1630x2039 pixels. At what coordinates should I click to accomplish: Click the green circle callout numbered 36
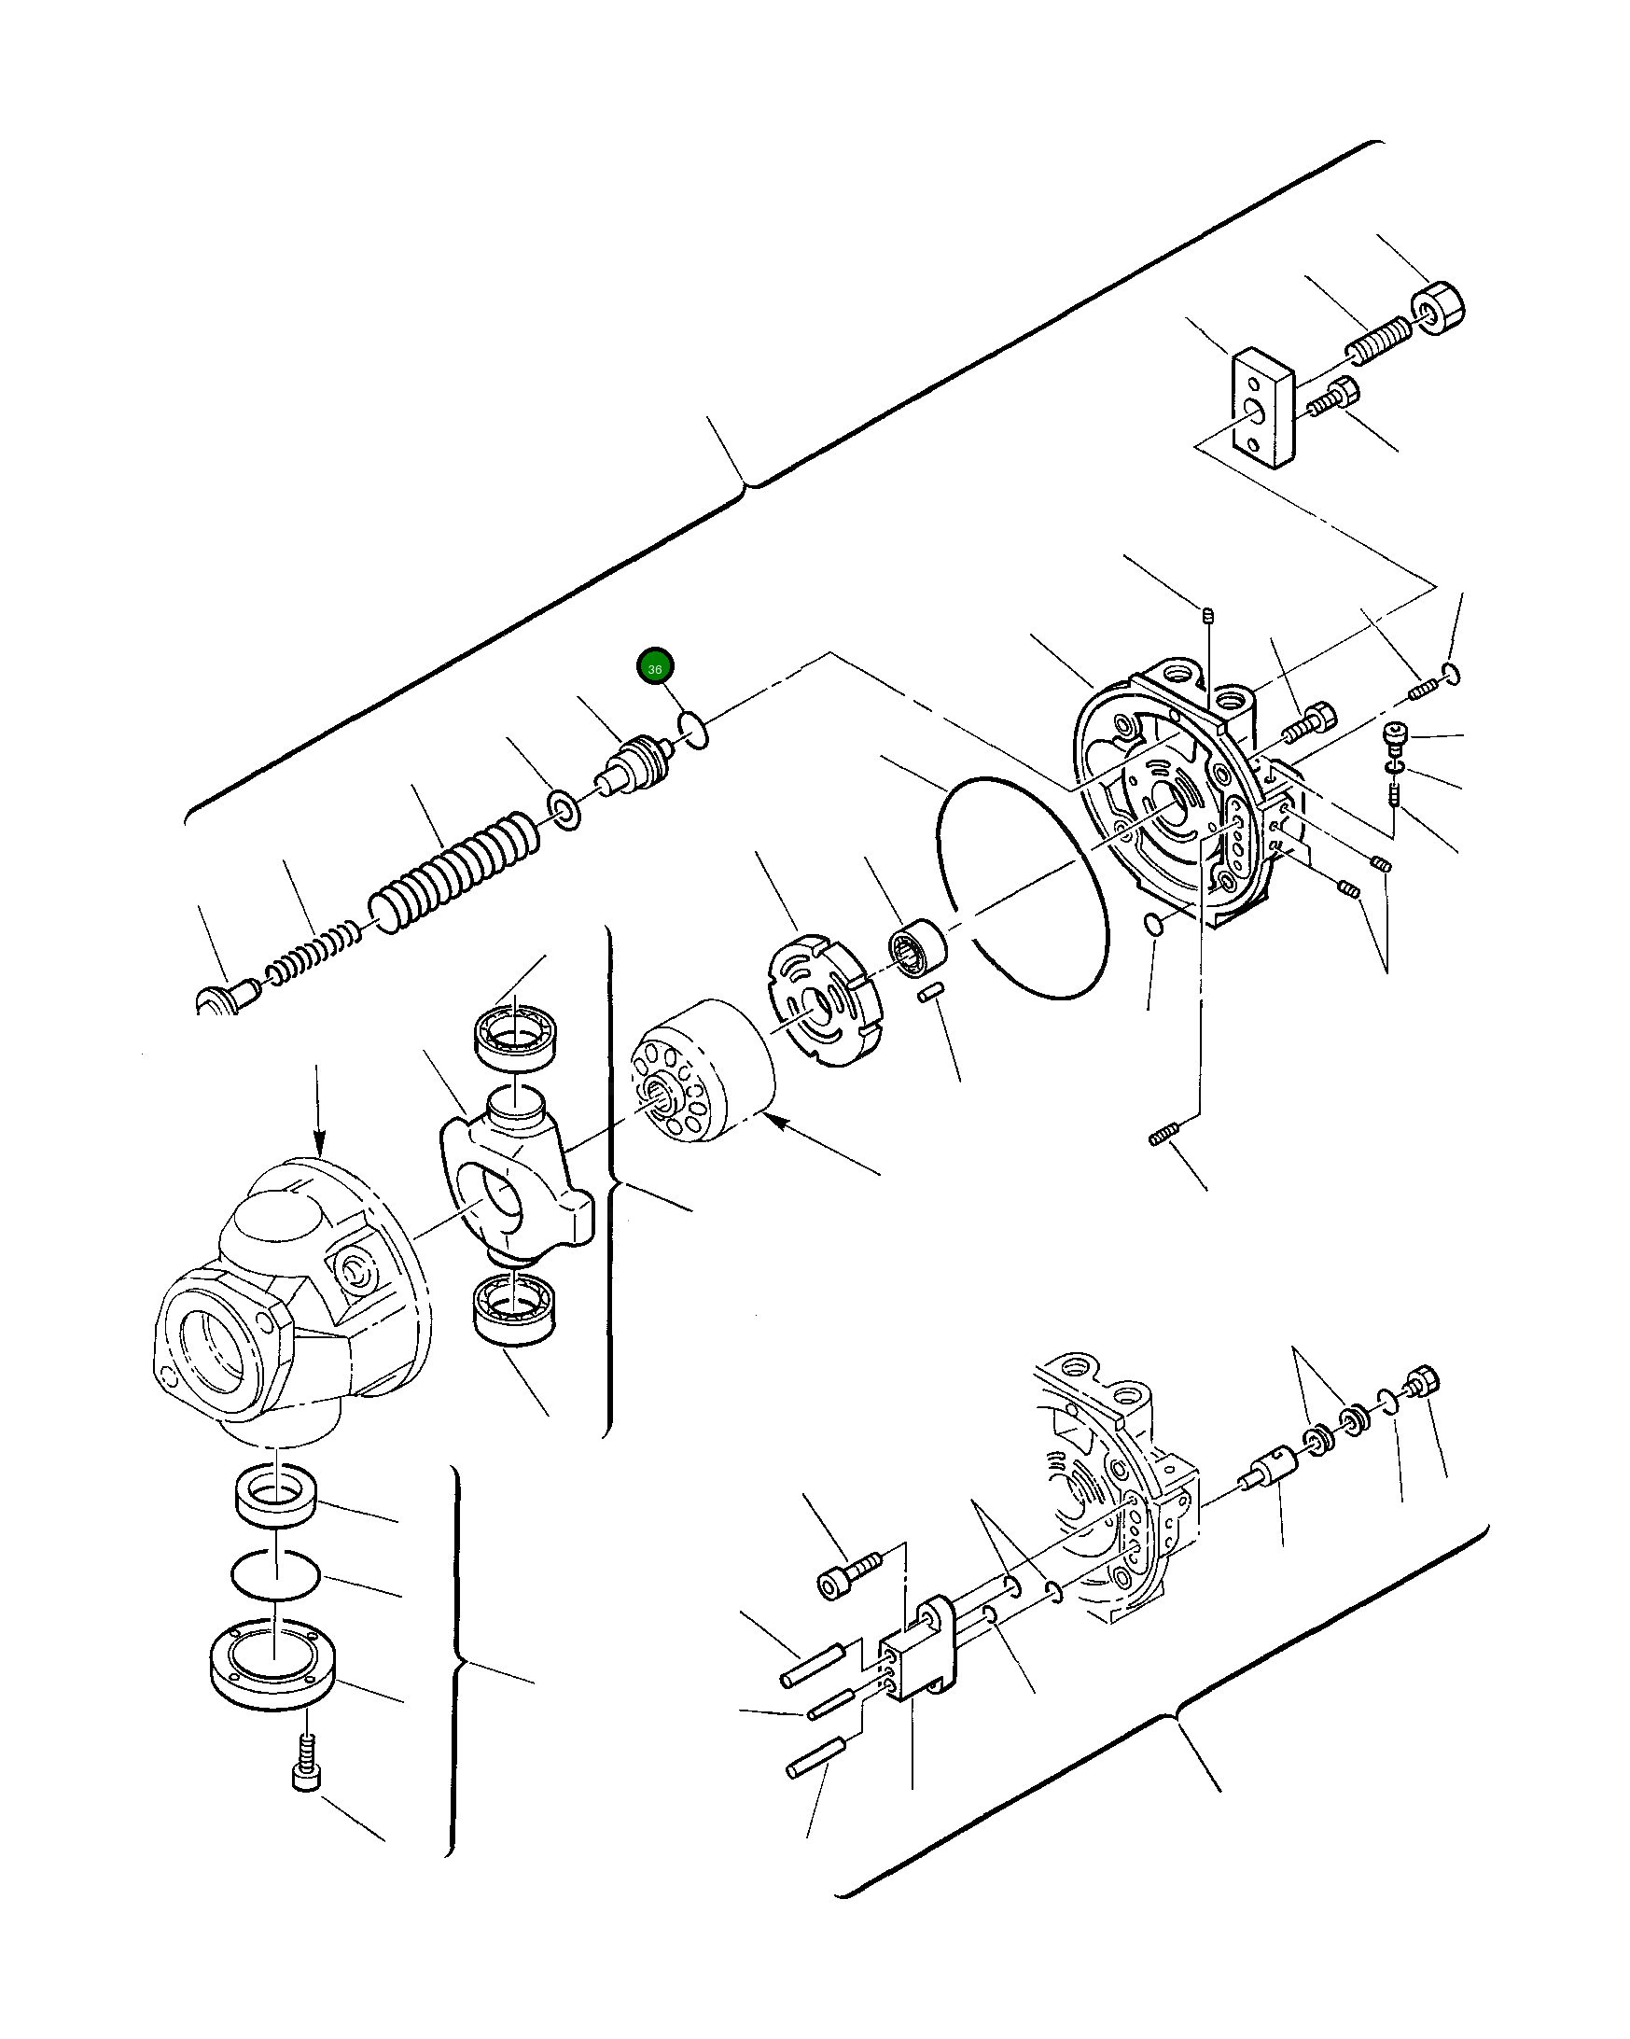654,666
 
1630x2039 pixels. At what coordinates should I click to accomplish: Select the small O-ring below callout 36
693,730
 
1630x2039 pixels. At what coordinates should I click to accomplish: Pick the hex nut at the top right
1437,308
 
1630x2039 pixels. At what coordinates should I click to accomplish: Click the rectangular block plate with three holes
1261,408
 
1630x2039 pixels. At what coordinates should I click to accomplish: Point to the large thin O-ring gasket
1022,888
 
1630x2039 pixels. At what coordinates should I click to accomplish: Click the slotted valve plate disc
820,1000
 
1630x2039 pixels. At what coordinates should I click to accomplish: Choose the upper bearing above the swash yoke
514,1037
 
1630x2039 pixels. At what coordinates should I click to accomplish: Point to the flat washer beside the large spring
565,811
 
